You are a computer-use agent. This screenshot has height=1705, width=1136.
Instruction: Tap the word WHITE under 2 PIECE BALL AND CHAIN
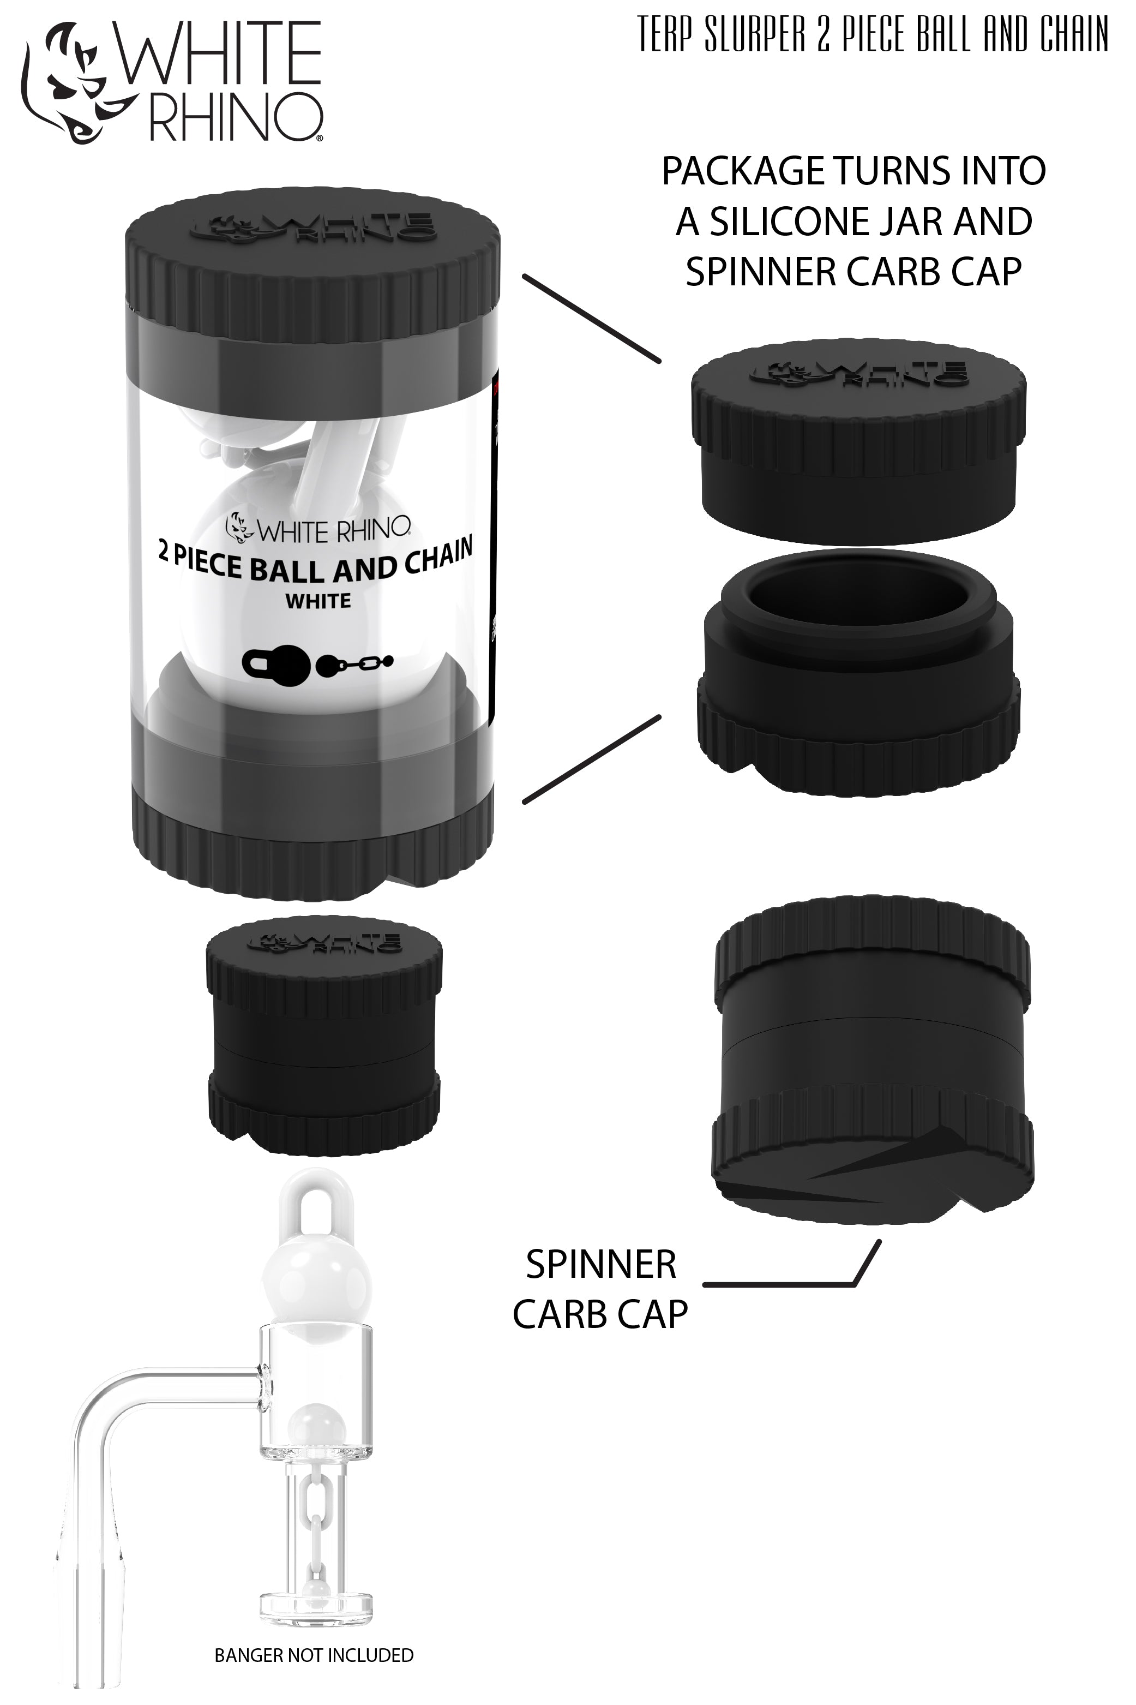pyautogui.click(x=318, y=601)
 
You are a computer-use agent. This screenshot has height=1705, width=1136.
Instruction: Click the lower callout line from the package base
pyautogui.click(x=591, y=759)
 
